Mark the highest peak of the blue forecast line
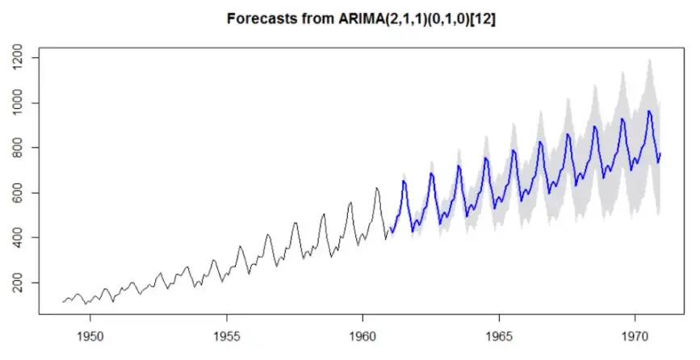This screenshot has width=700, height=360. (x=649, y=111)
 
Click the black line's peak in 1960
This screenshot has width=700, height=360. (x=377, y=188)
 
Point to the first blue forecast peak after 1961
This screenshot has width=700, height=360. (x=404, y=181)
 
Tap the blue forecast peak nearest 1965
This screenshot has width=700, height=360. (x=486, y=158)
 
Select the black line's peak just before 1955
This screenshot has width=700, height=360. (x=213, y=260)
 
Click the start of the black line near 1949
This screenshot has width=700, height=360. (x=62, y=302)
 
